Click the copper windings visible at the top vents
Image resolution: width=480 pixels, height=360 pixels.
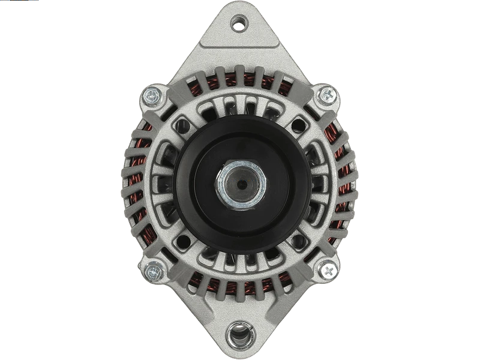(240, 81)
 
